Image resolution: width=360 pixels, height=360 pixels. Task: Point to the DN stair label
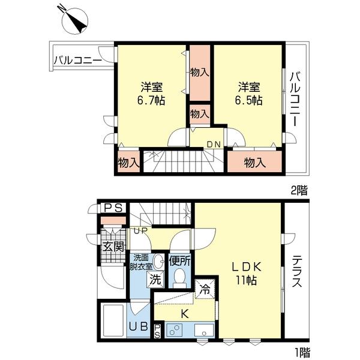coord(213,144)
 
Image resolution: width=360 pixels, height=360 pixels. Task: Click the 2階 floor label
coord(299,191)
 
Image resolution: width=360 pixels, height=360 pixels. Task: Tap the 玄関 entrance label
coord(112,247)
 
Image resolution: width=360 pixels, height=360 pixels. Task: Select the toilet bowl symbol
coord(179,277)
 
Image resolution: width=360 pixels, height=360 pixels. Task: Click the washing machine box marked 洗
coord(155,279)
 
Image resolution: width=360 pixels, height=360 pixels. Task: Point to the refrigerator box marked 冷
coord(205,287)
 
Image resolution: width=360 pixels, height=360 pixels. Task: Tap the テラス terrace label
coord(296,273)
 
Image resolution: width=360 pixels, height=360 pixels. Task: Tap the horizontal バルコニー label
coord(77,60)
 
